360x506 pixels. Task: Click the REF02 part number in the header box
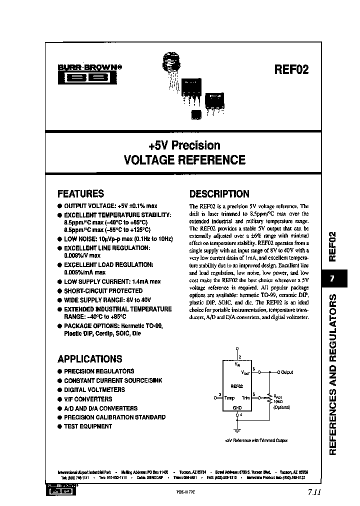point(291,69)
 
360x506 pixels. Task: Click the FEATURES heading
point(80,194)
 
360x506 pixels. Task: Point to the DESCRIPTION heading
point(219,194)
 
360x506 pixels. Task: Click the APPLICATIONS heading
point(89,359)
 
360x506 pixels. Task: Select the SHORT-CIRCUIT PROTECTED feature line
point(103,290)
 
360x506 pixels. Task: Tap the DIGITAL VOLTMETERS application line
point(94,390)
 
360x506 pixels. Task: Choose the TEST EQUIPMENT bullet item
point(87,426)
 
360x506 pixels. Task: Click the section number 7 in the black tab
point(332,279)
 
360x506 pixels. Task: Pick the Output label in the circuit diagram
point(287,372)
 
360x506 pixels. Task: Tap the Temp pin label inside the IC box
point(229,398)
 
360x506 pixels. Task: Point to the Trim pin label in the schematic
point(245,398)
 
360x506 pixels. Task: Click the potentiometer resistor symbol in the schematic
point(270,398)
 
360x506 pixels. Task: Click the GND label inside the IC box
point(237,407)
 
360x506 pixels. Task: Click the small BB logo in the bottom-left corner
point(60,490)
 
